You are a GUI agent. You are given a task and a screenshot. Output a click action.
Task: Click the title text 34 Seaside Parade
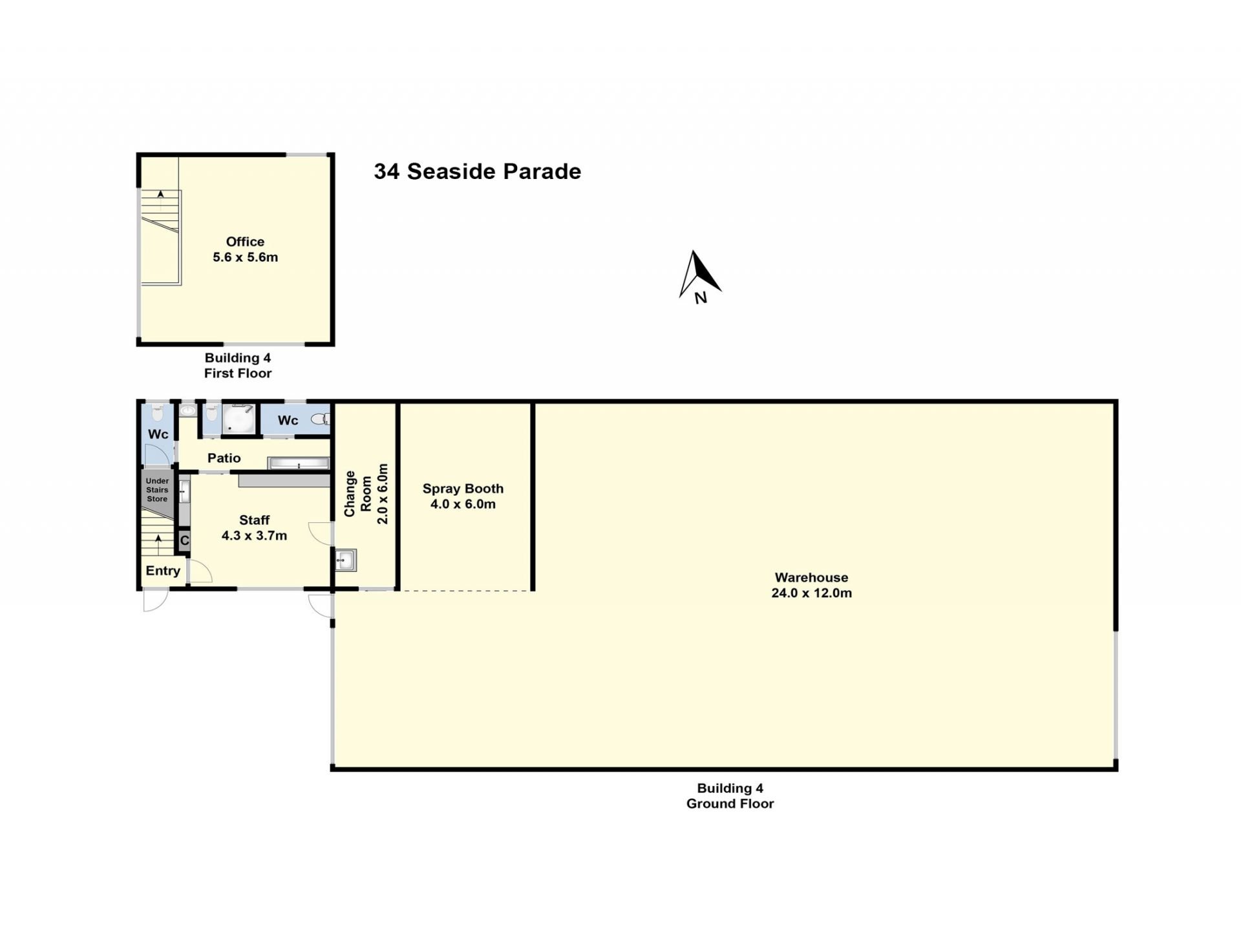tap(478, 171)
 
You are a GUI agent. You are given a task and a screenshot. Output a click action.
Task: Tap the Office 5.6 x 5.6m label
tap(245, 249)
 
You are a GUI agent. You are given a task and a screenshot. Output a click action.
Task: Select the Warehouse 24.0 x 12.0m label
tap(811, 585)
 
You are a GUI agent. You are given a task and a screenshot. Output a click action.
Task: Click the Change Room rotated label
tap(366, 494)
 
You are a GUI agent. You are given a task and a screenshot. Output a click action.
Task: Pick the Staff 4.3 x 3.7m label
tap(254, 527)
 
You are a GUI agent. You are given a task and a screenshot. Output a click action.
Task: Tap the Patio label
tap(224, 458)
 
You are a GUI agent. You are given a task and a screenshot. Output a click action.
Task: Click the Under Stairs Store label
tap(157, 490)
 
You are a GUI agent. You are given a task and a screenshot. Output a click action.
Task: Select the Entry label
tap(163, 571)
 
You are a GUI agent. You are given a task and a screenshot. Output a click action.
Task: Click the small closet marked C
tap(184, 540)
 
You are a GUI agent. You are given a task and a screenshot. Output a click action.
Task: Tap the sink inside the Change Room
tap(346, 560)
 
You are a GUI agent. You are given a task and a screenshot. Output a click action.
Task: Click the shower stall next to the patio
tap(239, 419)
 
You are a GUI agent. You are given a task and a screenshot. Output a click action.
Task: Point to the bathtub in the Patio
tap(299, 463)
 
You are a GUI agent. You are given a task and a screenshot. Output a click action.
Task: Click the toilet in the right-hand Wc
tap(321, 419)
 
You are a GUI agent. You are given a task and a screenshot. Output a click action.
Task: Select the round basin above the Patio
tap(188, 410)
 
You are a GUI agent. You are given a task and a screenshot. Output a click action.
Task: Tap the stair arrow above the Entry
tap(158, 544)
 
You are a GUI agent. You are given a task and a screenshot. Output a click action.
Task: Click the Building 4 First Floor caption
tap(238, 365)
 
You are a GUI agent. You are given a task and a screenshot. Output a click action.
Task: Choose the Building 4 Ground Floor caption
tap(730, 796)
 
